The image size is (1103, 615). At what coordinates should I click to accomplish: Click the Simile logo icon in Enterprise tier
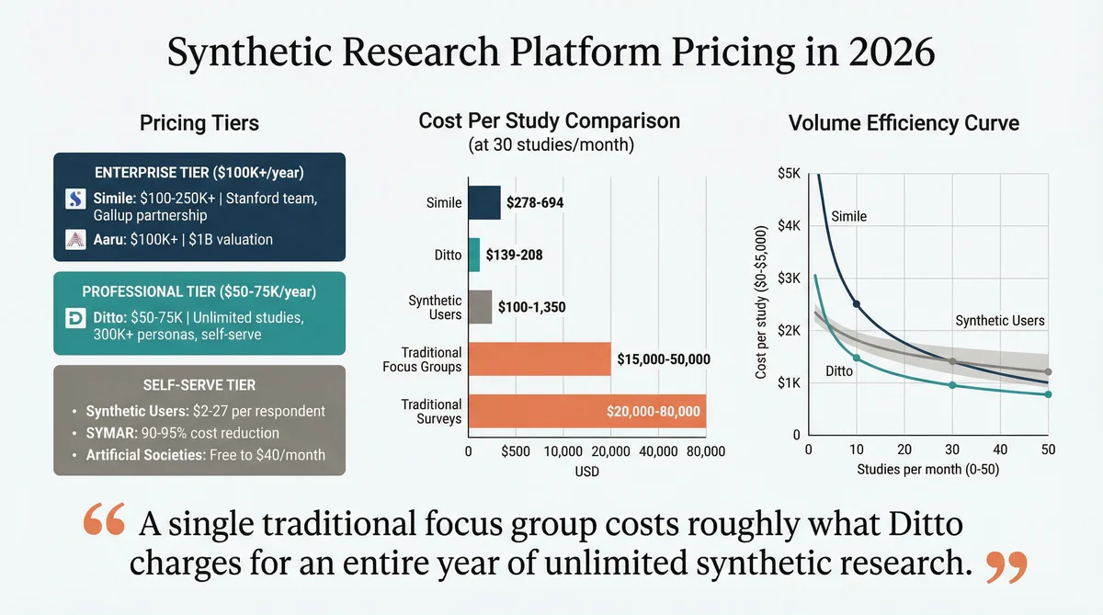(75, 199)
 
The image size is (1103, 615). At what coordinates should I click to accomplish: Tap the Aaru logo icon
(75, 240)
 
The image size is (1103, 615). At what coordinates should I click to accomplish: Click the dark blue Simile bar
(484, 202)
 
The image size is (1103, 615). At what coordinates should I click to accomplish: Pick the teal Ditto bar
(474, 255)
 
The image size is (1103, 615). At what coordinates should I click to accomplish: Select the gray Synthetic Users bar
(480, 307)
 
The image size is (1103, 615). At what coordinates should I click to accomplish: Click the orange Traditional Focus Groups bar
(540, 359)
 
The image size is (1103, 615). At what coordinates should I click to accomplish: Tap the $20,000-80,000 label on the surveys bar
(653, 412)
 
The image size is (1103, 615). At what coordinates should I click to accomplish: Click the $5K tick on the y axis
(790, 173)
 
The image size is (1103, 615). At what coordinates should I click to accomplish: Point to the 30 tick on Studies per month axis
(951, 450)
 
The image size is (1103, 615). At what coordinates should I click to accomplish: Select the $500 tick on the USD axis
(516, 451)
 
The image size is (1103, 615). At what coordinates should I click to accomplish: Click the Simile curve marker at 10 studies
(857, 303)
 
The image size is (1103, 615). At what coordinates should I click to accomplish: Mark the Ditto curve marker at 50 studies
(1048, 394)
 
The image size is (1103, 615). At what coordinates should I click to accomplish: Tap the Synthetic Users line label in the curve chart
(999, 321)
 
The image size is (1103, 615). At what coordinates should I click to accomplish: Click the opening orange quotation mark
(103, 520)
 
